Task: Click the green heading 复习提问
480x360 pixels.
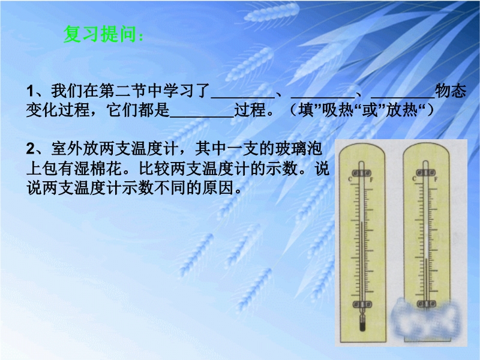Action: (x=100, y=34)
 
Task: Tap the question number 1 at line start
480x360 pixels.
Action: (x=30, y=91)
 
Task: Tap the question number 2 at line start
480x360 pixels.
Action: (x=31, y=149)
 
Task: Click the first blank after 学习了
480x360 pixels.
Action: (x=243, y=97)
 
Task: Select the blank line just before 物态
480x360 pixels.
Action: (x=403, y=97)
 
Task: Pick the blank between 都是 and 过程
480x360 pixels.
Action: (x=202, y=116)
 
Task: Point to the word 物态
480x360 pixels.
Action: (x=451, y=91)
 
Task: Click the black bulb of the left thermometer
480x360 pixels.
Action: (x=362, y=326)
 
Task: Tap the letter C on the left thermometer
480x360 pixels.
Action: (x=350, y=179)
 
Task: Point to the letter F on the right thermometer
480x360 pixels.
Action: (x=436, y=179)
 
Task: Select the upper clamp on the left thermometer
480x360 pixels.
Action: (x=362, y=173)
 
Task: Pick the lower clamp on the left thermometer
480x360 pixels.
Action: (x=362, y=304)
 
